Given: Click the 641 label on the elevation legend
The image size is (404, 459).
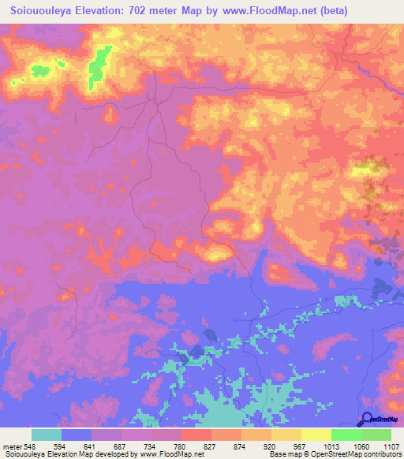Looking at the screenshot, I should click(92, 444).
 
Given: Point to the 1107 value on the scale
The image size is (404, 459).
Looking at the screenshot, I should click(390, 444).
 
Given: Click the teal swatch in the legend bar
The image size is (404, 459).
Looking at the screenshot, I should click(47, 435).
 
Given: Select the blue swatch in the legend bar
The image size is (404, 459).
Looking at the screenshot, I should click(77, 435).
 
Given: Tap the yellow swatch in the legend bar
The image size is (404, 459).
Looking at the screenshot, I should click(316, 435).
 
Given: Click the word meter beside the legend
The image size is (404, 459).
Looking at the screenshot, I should click(12, 444).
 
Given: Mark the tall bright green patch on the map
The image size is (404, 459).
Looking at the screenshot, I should click(99, 65).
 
